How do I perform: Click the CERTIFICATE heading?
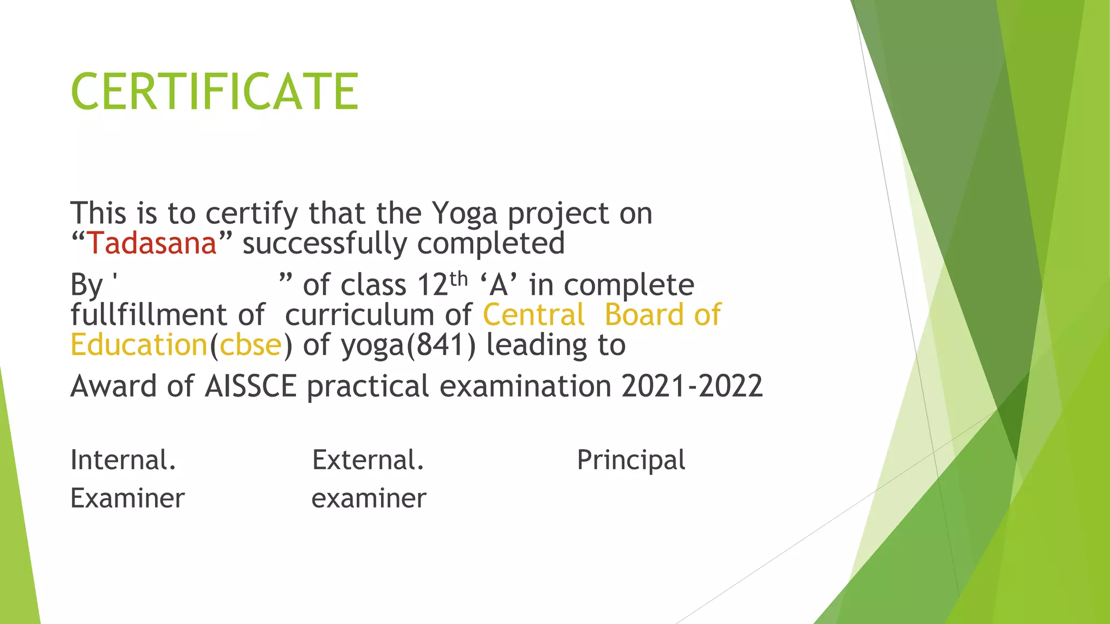click(x=215, y=92)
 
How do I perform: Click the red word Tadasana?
click(x=152, y=243)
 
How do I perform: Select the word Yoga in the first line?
click(x=464, y=213)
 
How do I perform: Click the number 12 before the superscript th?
click(x=433, y=285)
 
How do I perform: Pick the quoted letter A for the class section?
click(x=499, y=285)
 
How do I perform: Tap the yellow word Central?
click(x=534, y=315)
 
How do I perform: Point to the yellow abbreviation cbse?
click(x=251, y=345)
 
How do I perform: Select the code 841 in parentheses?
click(x=441, y=345)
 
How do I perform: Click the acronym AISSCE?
click(x=251, y=386)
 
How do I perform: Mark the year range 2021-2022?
click(x=692, y=386)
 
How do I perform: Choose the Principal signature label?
click(x=631, y=460)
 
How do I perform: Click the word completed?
click(x=491, y=243)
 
